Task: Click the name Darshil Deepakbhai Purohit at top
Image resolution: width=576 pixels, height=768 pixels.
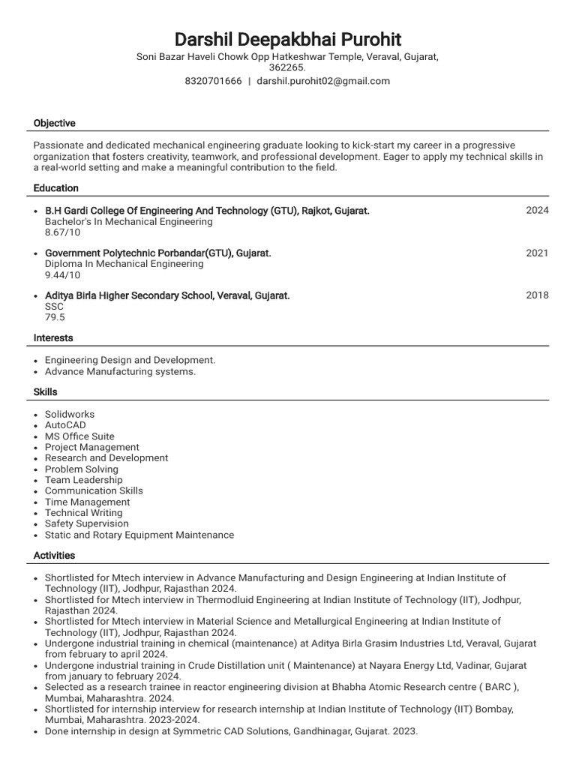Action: pos(287,39)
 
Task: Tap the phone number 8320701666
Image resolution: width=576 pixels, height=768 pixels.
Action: pos(213,81)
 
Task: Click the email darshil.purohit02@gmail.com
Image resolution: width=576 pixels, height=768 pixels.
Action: pos(323,81)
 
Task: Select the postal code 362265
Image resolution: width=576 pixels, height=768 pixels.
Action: pos(287,67)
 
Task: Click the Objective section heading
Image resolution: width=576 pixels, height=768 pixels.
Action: pos(54,123)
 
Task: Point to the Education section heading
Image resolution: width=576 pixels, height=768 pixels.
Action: pos(55,188)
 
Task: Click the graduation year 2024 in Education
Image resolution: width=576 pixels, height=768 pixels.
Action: pos(537,211)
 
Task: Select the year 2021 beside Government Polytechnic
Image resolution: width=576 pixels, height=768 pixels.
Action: pos(537,253)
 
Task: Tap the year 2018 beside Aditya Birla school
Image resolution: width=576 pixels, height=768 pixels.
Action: pos(537,295)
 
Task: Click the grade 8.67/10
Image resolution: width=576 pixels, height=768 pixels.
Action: pos(62,233)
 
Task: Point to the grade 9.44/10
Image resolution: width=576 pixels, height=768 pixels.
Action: pos(62,275)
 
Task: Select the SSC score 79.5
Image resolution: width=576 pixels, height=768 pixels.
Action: pos(55,317)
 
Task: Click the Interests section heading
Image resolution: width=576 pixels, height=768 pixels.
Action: pos(53,338)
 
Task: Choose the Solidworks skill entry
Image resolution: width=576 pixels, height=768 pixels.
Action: pos(70,414)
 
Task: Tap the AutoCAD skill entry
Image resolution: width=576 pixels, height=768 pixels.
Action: pos(65,425)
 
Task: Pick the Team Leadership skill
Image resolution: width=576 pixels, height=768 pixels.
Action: pos(83,480)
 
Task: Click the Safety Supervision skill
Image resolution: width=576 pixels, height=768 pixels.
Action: pos(86,523)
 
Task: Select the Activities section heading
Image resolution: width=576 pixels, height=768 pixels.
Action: pos(54,556)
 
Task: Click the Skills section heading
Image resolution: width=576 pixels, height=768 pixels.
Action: pos(45,392)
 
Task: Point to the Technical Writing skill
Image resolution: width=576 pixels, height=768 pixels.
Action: pos(83,513)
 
